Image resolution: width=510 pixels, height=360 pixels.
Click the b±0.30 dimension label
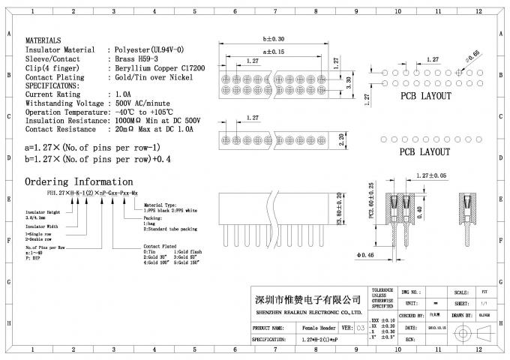coord(275,39)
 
